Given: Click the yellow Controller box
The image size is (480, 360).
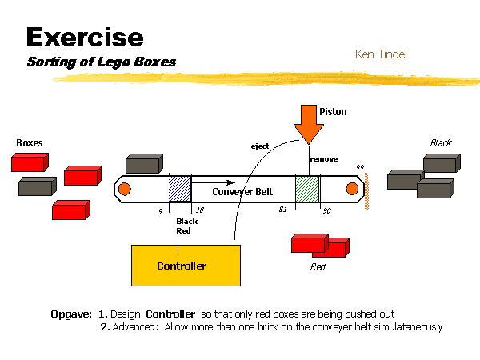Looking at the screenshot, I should (x=185, y=266).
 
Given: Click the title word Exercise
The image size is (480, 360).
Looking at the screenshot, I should (x=85, y=37).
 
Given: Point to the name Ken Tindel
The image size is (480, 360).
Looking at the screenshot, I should (x=381, y=54).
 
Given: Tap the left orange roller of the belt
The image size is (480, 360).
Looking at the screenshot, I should (x=126, y=190).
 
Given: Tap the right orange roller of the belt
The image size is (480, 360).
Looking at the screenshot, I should (x=351, y=189).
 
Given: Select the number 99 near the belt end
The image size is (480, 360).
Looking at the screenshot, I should (x=360, y=167).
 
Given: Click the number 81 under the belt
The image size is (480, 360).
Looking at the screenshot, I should (x=282, y=210).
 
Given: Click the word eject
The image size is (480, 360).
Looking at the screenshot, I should (x=260, y=146).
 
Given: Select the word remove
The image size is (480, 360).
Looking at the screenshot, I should (x=324, y=159).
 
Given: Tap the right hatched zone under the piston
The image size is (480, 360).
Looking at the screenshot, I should (x=307, y=190).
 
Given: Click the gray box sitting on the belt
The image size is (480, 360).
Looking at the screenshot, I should (x=144, y=164).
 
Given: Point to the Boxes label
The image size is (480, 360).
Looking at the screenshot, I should (x=30, y=143).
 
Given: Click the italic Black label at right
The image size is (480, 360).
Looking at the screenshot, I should (x=441, y=143).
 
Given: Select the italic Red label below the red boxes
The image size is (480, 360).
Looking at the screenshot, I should (x=318, y=267).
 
